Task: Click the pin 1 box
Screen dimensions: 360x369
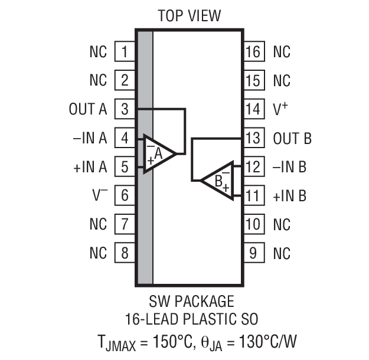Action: tap(124, 51)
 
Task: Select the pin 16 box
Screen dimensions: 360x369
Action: tap(253, 51)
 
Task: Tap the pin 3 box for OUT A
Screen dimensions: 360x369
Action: tap(124, 109)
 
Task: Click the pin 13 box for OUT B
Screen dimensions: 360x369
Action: tap(253, 138)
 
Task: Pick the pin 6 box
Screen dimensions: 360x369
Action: tap(124, 195)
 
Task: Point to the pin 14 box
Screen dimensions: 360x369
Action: tap(253, 109)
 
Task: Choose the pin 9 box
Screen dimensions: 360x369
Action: tap(253, 253)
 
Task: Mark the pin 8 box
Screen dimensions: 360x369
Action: tap(124, 253)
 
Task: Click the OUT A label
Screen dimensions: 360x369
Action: tap(88, 109)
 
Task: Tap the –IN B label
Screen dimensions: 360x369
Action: tap(289, 167)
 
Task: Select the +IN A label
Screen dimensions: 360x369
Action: tap(90, 167)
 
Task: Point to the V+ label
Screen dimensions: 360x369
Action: tap(282, 109)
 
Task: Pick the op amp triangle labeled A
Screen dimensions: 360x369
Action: tap(157, 153)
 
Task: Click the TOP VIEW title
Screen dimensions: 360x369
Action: tap(190, 15)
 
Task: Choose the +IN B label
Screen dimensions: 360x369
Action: tap(289, 195)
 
